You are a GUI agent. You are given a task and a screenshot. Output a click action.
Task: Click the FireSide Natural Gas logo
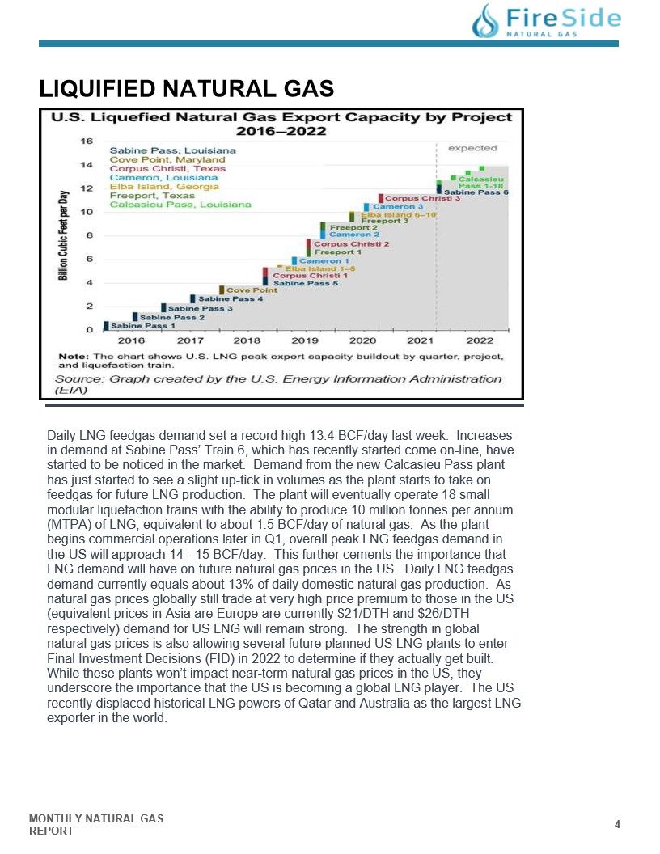tap(546, 21)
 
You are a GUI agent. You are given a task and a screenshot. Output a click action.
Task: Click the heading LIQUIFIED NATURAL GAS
tap(187, 89)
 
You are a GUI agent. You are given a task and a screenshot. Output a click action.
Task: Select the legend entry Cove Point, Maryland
tap(167, 159)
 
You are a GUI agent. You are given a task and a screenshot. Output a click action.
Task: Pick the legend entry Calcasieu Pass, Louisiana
tap(180, 205)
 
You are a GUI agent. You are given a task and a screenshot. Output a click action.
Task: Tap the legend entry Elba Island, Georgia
tap(164, 186)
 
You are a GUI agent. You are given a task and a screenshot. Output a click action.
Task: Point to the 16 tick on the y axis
tap(87, 141)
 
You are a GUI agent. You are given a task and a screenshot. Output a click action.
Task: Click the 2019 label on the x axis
tap(304, 340)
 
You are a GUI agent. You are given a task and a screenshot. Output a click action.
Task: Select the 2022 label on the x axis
tap(480, 340)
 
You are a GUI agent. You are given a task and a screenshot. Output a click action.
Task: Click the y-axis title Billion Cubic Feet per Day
tap(64, 235)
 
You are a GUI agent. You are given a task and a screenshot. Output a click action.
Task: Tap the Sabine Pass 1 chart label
tap(143, 326)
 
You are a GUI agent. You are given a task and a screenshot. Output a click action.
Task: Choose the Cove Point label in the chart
tap(252, 290)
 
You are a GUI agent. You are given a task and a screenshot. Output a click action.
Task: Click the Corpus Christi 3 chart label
tap(422, 198)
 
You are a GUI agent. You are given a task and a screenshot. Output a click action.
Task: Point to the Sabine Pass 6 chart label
tap(476, 192)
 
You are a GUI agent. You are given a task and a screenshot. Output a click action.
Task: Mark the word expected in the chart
tap(472, 148)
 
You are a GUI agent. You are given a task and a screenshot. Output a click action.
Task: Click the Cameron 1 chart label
tap(324, 261)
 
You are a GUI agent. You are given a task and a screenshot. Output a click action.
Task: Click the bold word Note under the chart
tap(73, 357)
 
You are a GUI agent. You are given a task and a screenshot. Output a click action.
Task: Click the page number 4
tap(617, 824)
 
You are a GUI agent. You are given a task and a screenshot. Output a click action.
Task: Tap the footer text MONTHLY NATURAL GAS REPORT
tap(96, 825)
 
